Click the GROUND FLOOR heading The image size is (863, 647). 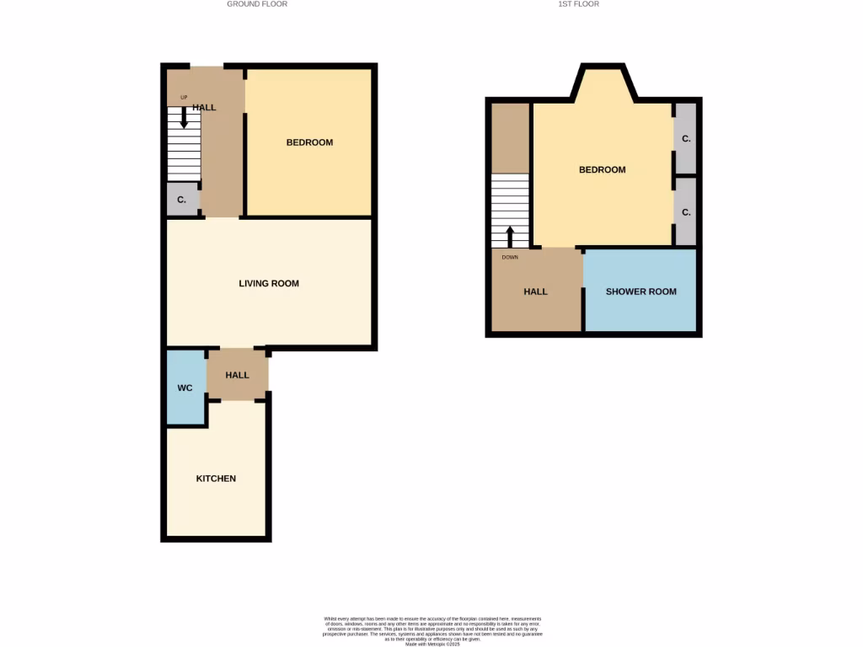tap(257, 4)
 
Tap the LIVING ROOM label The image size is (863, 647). tap(269, 284)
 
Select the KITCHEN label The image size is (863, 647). tap(216, 479)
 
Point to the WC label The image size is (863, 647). tap(185, 388)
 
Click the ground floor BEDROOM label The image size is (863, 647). tap(309, 142)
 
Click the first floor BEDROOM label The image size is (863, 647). tap(602, 170)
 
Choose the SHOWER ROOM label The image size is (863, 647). tap(641, 291)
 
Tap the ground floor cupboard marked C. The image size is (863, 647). tap(182, 200)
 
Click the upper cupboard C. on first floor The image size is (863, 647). tap(686, 138)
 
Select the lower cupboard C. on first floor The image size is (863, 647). tap(686, 212)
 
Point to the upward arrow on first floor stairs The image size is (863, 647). tap(510, 235)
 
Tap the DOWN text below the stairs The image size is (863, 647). tap(510, 257)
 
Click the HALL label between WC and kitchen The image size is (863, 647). tap(238, 375)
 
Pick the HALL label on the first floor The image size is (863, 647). tap(535, 291)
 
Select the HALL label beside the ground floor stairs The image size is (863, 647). tap(204, 108)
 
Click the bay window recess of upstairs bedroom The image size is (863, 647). tap(602, 84)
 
